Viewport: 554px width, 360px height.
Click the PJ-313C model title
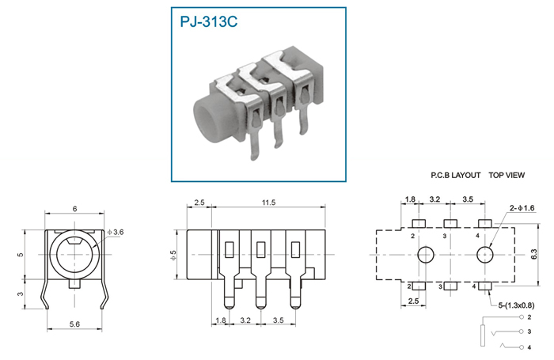[208, 21]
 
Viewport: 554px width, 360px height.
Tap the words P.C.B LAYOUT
[455, 175]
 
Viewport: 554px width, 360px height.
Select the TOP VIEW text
[507, 175]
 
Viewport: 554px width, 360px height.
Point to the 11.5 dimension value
[268, 203]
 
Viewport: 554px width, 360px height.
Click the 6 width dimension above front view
[74, 209]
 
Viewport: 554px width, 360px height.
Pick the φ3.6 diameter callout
[116, 232]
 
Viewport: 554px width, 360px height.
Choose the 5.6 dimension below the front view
[74, 324]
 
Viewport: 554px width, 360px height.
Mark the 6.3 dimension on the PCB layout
[534, 254]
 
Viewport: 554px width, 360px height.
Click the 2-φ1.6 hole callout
[522, 208]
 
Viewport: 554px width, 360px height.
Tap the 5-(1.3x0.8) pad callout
[516, 305]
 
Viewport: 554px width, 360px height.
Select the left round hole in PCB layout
[426, 255]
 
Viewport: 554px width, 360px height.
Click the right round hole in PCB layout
[484, 255]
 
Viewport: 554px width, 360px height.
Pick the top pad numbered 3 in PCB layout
[450, 223]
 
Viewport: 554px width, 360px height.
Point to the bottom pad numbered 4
[484, 286]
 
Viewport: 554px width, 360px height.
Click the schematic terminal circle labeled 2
[522, 317]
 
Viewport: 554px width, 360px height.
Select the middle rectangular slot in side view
[260, 249]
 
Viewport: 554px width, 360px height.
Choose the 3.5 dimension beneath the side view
[278, 320]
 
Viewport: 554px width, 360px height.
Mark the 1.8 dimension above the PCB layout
[410, 199]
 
